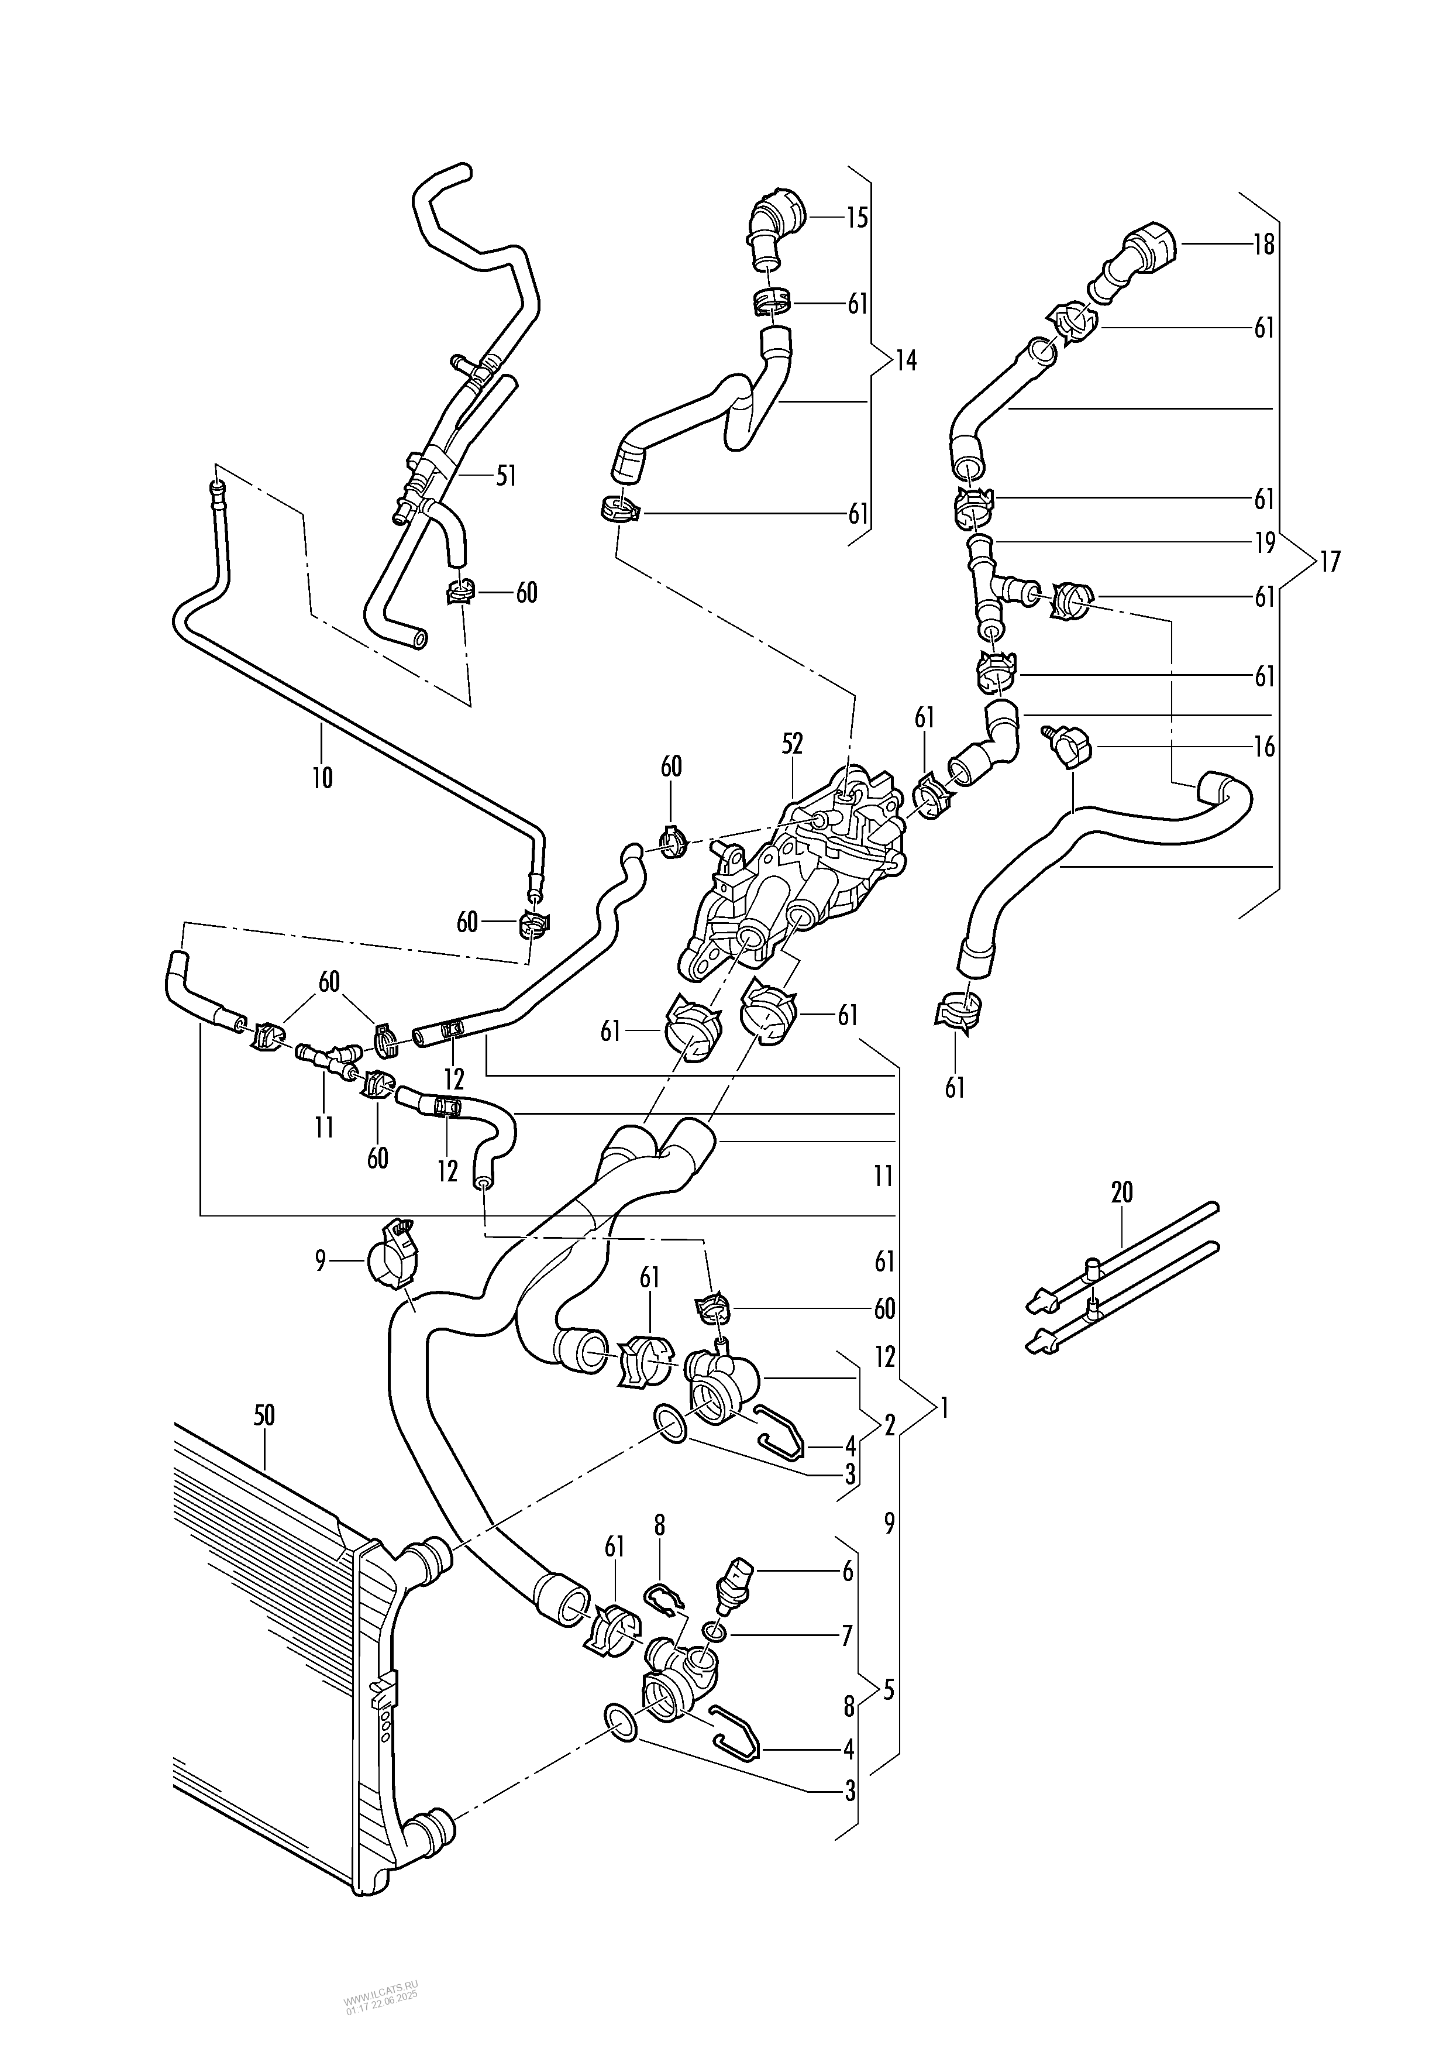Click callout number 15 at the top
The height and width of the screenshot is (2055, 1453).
click(x=857, y=218)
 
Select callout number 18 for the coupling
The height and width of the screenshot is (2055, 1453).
click(x=1263, y=245)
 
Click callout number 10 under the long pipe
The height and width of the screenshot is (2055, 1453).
click(x=322, y=778)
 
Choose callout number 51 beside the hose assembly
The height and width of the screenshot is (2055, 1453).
click(x=507, y=476)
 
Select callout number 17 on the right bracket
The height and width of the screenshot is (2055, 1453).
click(x=1330, y=563)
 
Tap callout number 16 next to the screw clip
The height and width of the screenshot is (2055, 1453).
click(x=1263, y=747)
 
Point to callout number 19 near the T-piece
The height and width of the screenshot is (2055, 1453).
click(x=1263, y=543)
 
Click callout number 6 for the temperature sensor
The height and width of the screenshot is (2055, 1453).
click(x=847, y=1571)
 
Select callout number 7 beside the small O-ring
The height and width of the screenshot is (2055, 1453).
click(x=847, y=1635)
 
